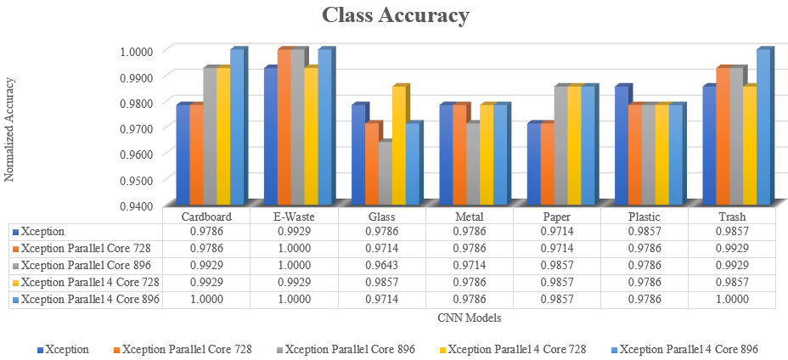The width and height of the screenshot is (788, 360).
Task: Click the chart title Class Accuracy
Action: click(395, 16)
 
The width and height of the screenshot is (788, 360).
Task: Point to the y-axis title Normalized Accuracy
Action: click(10, 128)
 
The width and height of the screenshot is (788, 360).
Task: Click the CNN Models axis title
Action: click(469, 318)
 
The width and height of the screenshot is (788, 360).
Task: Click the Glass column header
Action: click(381, 217)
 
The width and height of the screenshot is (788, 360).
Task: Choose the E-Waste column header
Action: click(293, 217)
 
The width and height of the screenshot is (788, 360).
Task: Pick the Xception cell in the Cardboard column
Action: click(205, 231)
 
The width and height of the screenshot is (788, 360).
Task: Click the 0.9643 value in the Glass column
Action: click(381, 265)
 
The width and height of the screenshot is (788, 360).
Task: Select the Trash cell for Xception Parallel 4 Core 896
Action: click(732, 299)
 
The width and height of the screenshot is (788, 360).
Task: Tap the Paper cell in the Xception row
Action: click(556, 231)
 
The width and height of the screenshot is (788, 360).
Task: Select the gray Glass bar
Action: click(385, 173)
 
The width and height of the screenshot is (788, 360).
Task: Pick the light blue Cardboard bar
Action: click(236, 127)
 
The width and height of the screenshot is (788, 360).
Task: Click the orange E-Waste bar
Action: click(284, 127)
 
